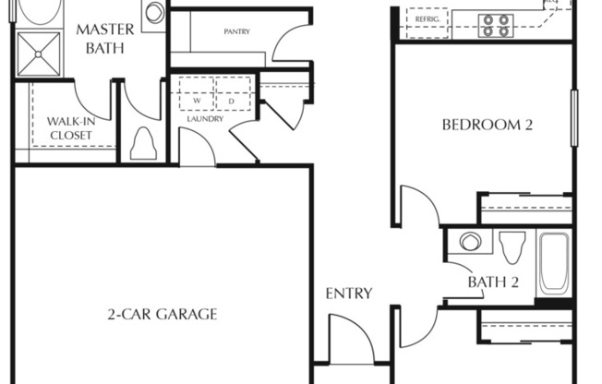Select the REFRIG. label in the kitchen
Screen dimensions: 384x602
(x=426, y=18)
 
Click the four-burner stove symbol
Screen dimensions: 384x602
(x=496, y=24)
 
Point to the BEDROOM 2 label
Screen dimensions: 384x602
(x=488, y=124)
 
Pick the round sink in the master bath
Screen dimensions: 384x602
(x=155, y=12)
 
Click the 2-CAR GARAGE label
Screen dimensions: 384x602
(x=162, y=314)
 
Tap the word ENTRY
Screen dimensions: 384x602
(x=349, y=294)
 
